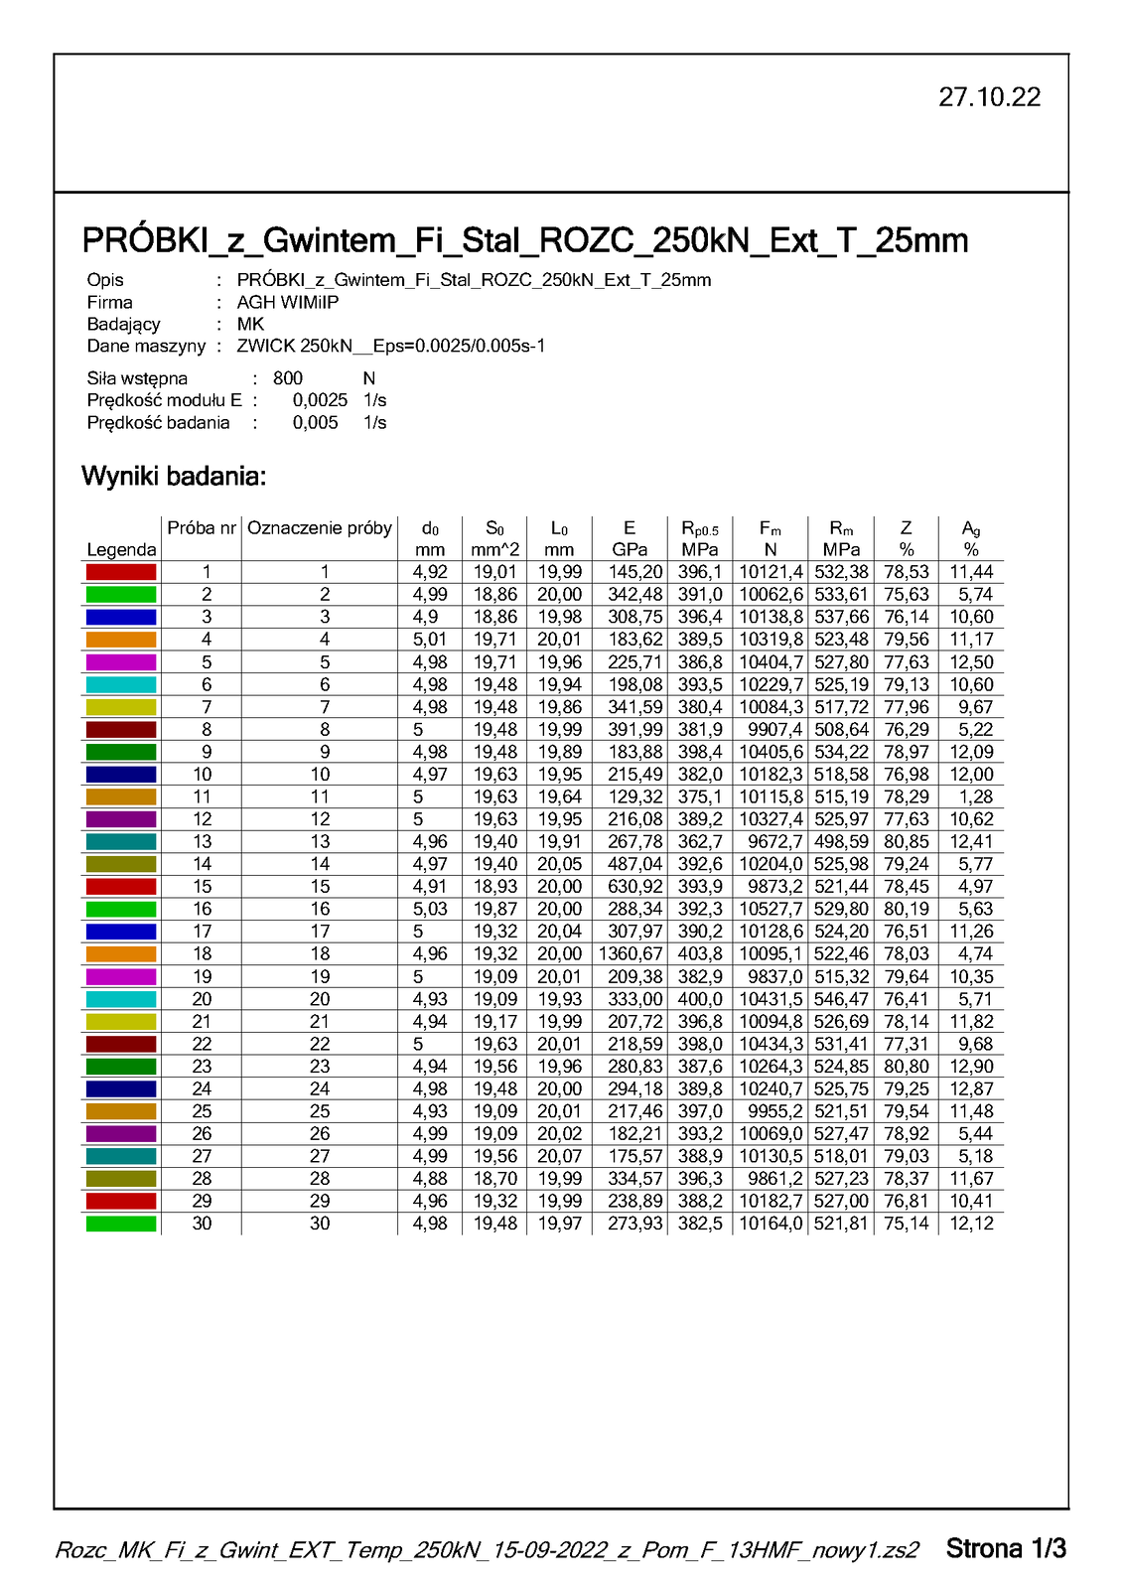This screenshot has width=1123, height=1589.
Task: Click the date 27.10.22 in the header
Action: [989, 97]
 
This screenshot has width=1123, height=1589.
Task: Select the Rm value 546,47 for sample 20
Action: [841, 999]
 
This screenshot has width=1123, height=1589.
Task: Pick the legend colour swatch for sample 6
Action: [121, 685]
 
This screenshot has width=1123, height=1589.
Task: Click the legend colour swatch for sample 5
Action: [121, 662]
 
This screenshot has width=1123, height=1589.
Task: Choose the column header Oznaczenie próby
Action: [320, 528]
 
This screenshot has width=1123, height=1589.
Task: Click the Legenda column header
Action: [121, 550]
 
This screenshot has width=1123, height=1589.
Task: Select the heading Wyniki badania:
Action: [174, 477]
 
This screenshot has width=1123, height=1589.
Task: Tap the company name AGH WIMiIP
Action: [287, 302]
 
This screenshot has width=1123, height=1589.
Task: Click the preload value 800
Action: [288, 378]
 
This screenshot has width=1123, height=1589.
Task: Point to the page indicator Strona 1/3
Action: [1006, 1548]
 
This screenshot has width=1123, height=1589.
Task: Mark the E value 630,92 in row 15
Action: [635, 887]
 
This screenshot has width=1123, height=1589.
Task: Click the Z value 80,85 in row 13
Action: [906, 842]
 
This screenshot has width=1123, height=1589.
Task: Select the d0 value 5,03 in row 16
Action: [430, 910]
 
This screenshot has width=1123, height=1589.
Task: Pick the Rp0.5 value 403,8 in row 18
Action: [700, 954]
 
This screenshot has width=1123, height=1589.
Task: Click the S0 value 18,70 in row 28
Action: [494, 1179]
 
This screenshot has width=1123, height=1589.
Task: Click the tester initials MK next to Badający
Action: [250, 324]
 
